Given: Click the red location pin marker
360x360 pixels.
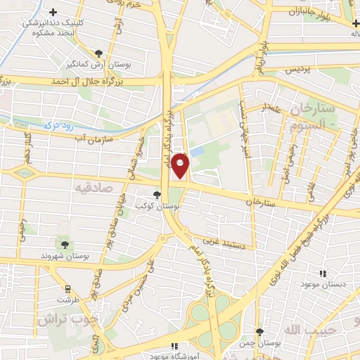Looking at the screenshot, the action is tap(181, 165).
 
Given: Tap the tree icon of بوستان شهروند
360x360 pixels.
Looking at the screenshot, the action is tap(65, 245).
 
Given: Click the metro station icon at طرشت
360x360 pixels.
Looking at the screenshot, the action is tap(68, 288).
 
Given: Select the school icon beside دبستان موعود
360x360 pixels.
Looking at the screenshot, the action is tap(323, 274).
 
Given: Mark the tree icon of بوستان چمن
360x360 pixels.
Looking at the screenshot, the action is tap(259, 332).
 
